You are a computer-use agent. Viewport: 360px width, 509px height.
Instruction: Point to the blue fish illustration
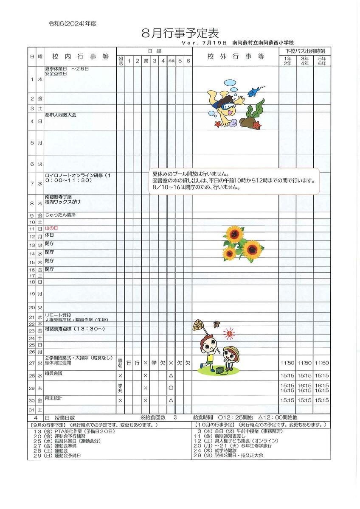pyautogui.click(x=254, y=90)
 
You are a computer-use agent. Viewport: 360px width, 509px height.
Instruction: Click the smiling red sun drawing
pyautogui.click(x=229, y=334)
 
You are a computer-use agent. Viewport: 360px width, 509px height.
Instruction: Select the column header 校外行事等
pyautogui.click(x=236, y=56)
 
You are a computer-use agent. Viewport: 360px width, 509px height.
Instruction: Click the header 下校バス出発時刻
pyautogui.click(x=304, y=51)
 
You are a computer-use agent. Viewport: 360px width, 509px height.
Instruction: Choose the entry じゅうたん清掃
pyautogui.click(x=60, y=215)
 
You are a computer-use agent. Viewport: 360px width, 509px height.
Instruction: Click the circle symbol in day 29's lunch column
pyautogui.click(x=171, y=388)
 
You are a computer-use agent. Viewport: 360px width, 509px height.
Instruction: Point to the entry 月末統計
pyautogui.click(x=53, y=398)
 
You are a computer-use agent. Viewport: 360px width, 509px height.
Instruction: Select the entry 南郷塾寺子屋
pyautogui.click(x=59, y=197)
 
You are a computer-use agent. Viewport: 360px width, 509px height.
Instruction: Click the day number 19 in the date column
pyautogui.click(x=32, y=294)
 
